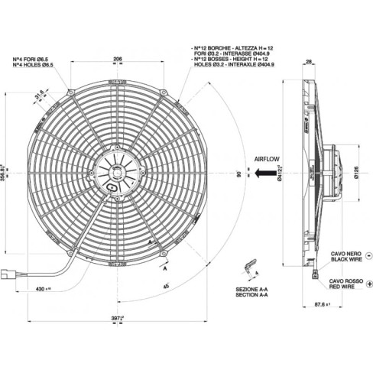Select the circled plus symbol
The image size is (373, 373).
(x=368, y=284)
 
